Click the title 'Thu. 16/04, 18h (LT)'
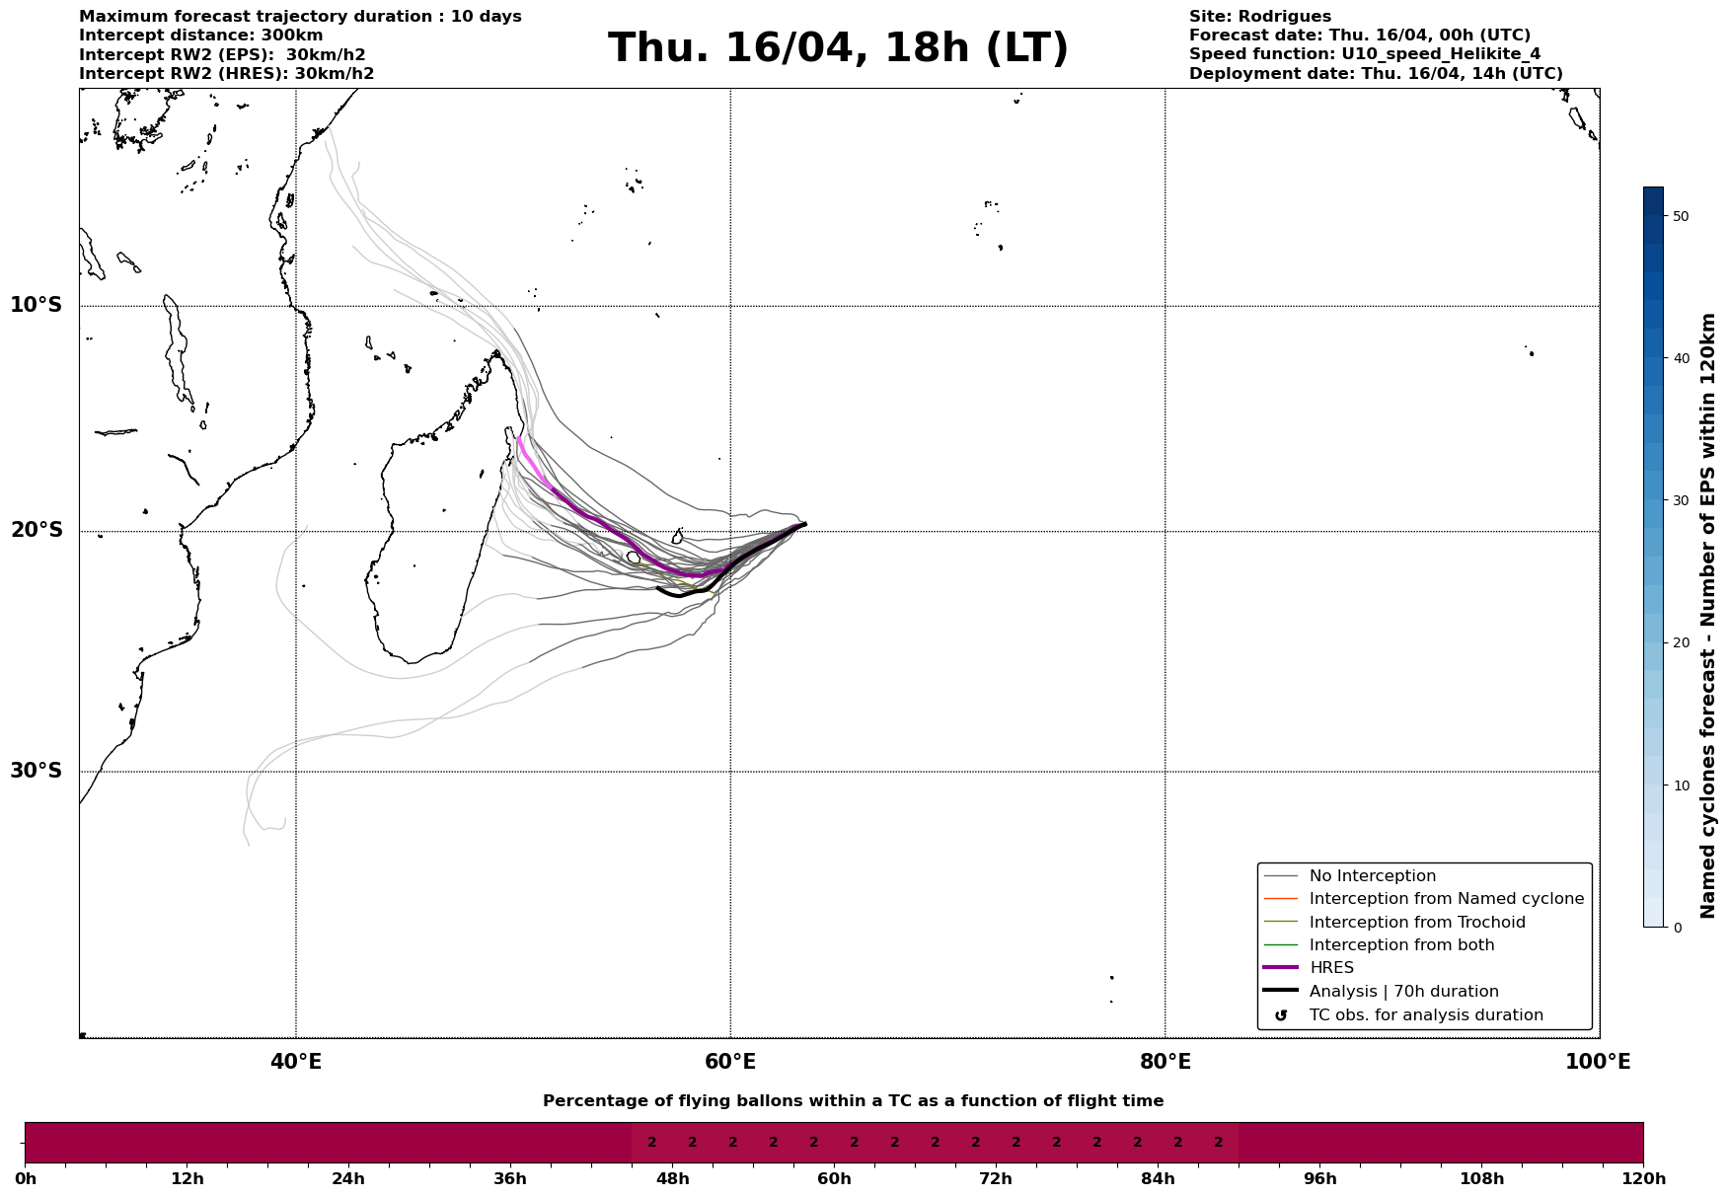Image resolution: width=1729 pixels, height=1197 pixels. click(x=838, y=48)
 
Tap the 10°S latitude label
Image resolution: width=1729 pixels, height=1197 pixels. click(x=37, y=305)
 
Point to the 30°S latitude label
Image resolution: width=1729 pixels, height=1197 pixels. click(x=37, y=771)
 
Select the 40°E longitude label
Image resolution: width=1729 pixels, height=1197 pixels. click(x=296, y=1062)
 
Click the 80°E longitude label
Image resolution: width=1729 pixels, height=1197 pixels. click(x=1165, y=1062)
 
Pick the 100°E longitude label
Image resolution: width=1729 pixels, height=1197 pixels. click(x=1598, y=1062)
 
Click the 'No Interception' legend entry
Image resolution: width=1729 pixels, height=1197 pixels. click(x=1372, y=876)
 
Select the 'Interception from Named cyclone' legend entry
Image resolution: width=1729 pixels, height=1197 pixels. click(x=1446, y=899)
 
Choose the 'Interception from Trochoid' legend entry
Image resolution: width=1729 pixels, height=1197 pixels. click(x=1416, y=923)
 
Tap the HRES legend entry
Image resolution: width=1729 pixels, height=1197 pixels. click(x=1331, y=968)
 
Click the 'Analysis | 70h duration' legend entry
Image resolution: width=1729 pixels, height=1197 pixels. click(x=1403, y=992)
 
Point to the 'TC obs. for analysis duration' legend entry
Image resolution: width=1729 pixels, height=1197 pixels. click(x=1425, y=1015)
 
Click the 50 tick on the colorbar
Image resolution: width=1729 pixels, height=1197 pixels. click(x=1681, y=216)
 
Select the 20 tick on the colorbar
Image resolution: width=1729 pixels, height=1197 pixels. click(x=1681, y=643)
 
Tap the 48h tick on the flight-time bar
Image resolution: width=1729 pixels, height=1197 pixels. click(x=673, y=1178)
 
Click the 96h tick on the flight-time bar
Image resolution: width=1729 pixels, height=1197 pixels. click(x=1320, y=1178)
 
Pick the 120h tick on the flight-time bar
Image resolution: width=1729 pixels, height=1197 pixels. click(x=1643, y=1178)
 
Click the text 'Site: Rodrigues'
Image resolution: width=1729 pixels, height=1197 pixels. click(x=1259, y=17)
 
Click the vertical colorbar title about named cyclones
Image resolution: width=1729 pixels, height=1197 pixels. click(x=1709, y=616)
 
